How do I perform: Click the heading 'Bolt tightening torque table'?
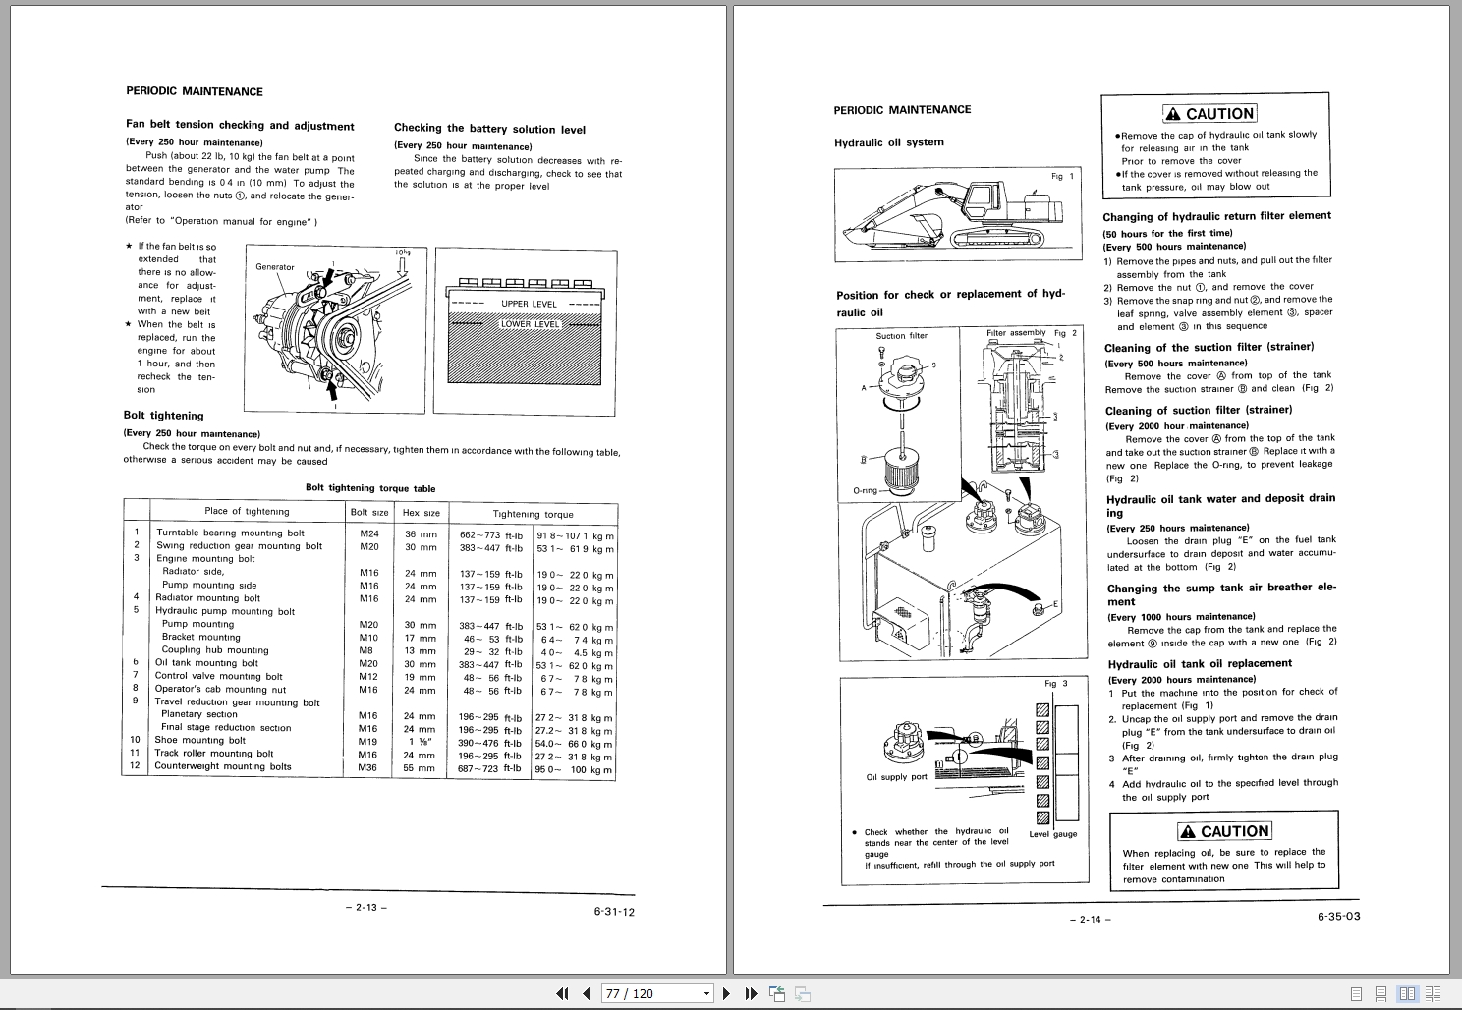click(x=370, y=488)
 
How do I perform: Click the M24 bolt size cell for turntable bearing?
click(x=369, y=533)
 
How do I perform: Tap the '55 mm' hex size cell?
click(x=421, y=768)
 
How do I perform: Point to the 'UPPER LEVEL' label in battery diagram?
click(x=529, y=304)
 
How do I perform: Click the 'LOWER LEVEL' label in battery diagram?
click(x=531, y=324)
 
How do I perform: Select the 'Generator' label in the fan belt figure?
click(x=275, y=267)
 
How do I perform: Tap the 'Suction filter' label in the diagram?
click(x=901, y=336)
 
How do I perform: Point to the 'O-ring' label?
click(x=865, y=490)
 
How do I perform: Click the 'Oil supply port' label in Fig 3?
click(x=896, y=777)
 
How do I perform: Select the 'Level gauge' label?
click(x=1052, y=834)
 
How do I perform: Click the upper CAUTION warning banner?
click(x=1209, y=114)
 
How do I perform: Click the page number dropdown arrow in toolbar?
click(x=706, y=994)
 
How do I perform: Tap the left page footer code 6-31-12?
click(x=614, y=912)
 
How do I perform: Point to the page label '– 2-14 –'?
click(x=1090, y=920)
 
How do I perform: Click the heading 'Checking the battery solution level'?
click(x=489, y=129)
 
